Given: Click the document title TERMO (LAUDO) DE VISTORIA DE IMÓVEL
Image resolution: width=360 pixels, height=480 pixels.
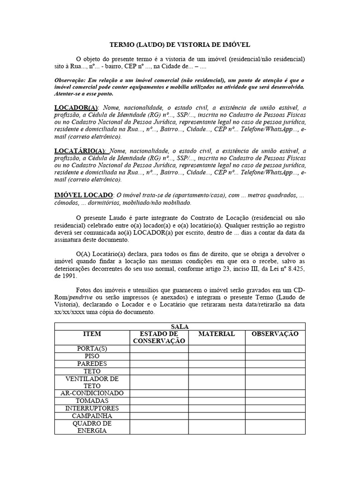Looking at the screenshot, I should coord(180,45).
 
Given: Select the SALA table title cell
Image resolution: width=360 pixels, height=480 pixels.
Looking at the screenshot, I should coord(180,326).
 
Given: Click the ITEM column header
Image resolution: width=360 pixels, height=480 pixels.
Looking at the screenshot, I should coord(92,334).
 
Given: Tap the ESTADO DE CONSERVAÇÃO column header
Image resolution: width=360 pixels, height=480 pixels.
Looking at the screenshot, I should coord(159,337).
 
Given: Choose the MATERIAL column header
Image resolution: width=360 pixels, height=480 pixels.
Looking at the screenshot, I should coord(217,334).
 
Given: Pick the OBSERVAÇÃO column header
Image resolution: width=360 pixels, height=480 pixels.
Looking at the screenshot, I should coord(275,334).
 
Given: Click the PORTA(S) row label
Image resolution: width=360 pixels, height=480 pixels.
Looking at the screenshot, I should coord(92,349).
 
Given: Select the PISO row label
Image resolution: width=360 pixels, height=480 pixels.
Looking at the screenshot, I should coord(92,356).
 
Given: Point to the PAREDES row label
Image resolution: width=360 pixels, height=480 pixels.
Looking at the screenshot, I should coord(92,364).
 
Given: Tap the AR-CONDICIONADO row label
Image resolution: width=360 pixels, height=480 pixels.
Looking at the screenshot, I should coord(92,393).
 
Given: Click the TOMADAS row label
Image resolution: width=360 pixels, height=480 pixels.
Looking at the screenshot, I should coord(92,401).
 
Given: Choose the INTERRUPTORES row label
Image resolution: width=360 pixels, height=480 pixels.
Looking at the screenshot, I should coord(92,408).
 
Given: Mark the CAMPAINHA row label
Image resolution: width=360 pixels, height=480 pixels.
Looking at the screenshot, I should coord(92,416).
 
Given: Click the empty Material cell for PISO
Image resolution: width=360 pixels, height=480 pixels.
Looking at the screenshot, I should coord(217,356).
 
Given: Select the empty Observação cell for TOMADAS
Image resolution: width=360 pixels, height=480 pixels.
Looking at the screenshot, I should coord(275,401).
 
